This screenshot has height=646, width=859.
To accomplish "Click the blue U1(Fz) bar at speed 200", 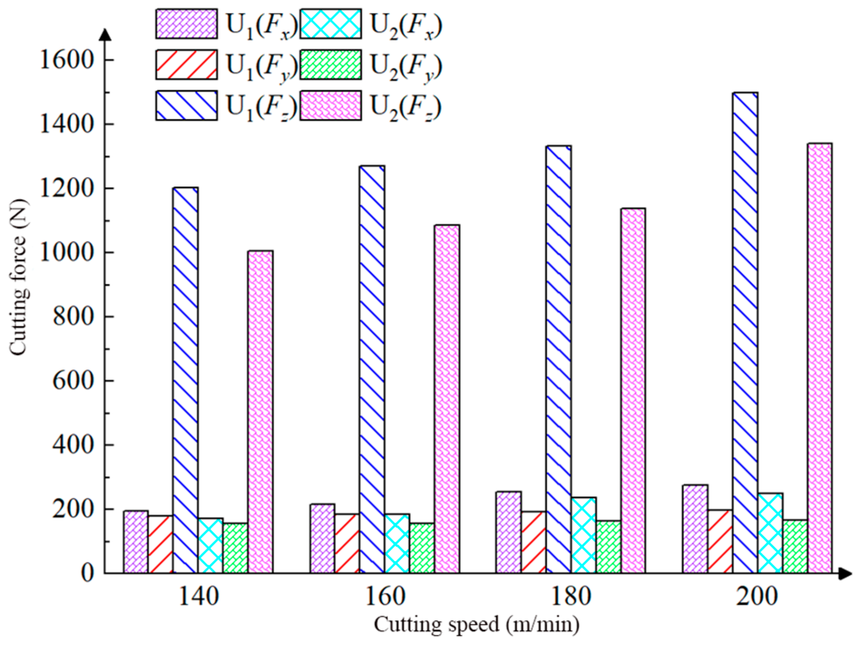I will pos(745,333).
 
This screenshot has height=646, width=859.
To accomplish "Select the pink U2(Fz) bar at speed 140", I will pos(261,412).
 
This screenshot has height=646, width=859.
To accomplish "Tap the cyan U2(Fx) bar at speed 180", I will pos(583,535).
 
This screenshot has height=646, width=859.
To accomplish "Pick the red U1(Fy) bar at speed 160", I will pos(347,543).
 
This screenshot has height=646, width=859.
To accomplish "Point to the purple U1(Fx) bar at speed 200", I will pos(695,529).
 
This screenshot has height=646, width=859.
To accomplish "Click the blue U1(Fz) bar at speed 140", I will pos(185,380).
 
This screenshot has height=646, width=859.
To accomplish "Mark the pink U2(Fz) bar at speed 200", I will pos(820,358).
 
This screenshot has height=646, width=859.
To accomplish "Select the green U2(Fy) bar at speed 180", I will pos(608,547).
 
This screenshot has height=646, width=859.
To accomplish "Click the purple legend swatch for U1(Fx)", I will pos(186,24).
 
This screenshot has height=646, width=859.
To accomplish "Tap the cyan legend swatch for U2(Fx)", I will pos(331,24).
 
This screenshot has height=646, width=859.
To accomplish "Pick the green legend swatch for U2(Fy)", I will pos(331,65).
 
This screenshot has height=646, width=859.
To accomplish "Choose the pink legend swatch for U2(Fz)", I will pos(331,105).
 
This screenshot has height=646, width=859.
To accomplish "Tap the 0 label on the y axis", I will pos(87,573).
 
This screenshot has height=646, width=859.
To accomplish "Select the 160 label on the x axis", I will pos(385,596).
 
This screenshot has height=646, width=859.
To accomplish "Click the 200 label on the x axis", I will pos(757,596).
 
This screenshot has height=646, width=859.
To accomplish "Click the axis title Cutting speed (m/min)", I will pos(476,624).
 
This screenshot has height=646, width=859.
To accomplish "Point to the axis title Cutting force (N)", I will pos(19,278).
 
